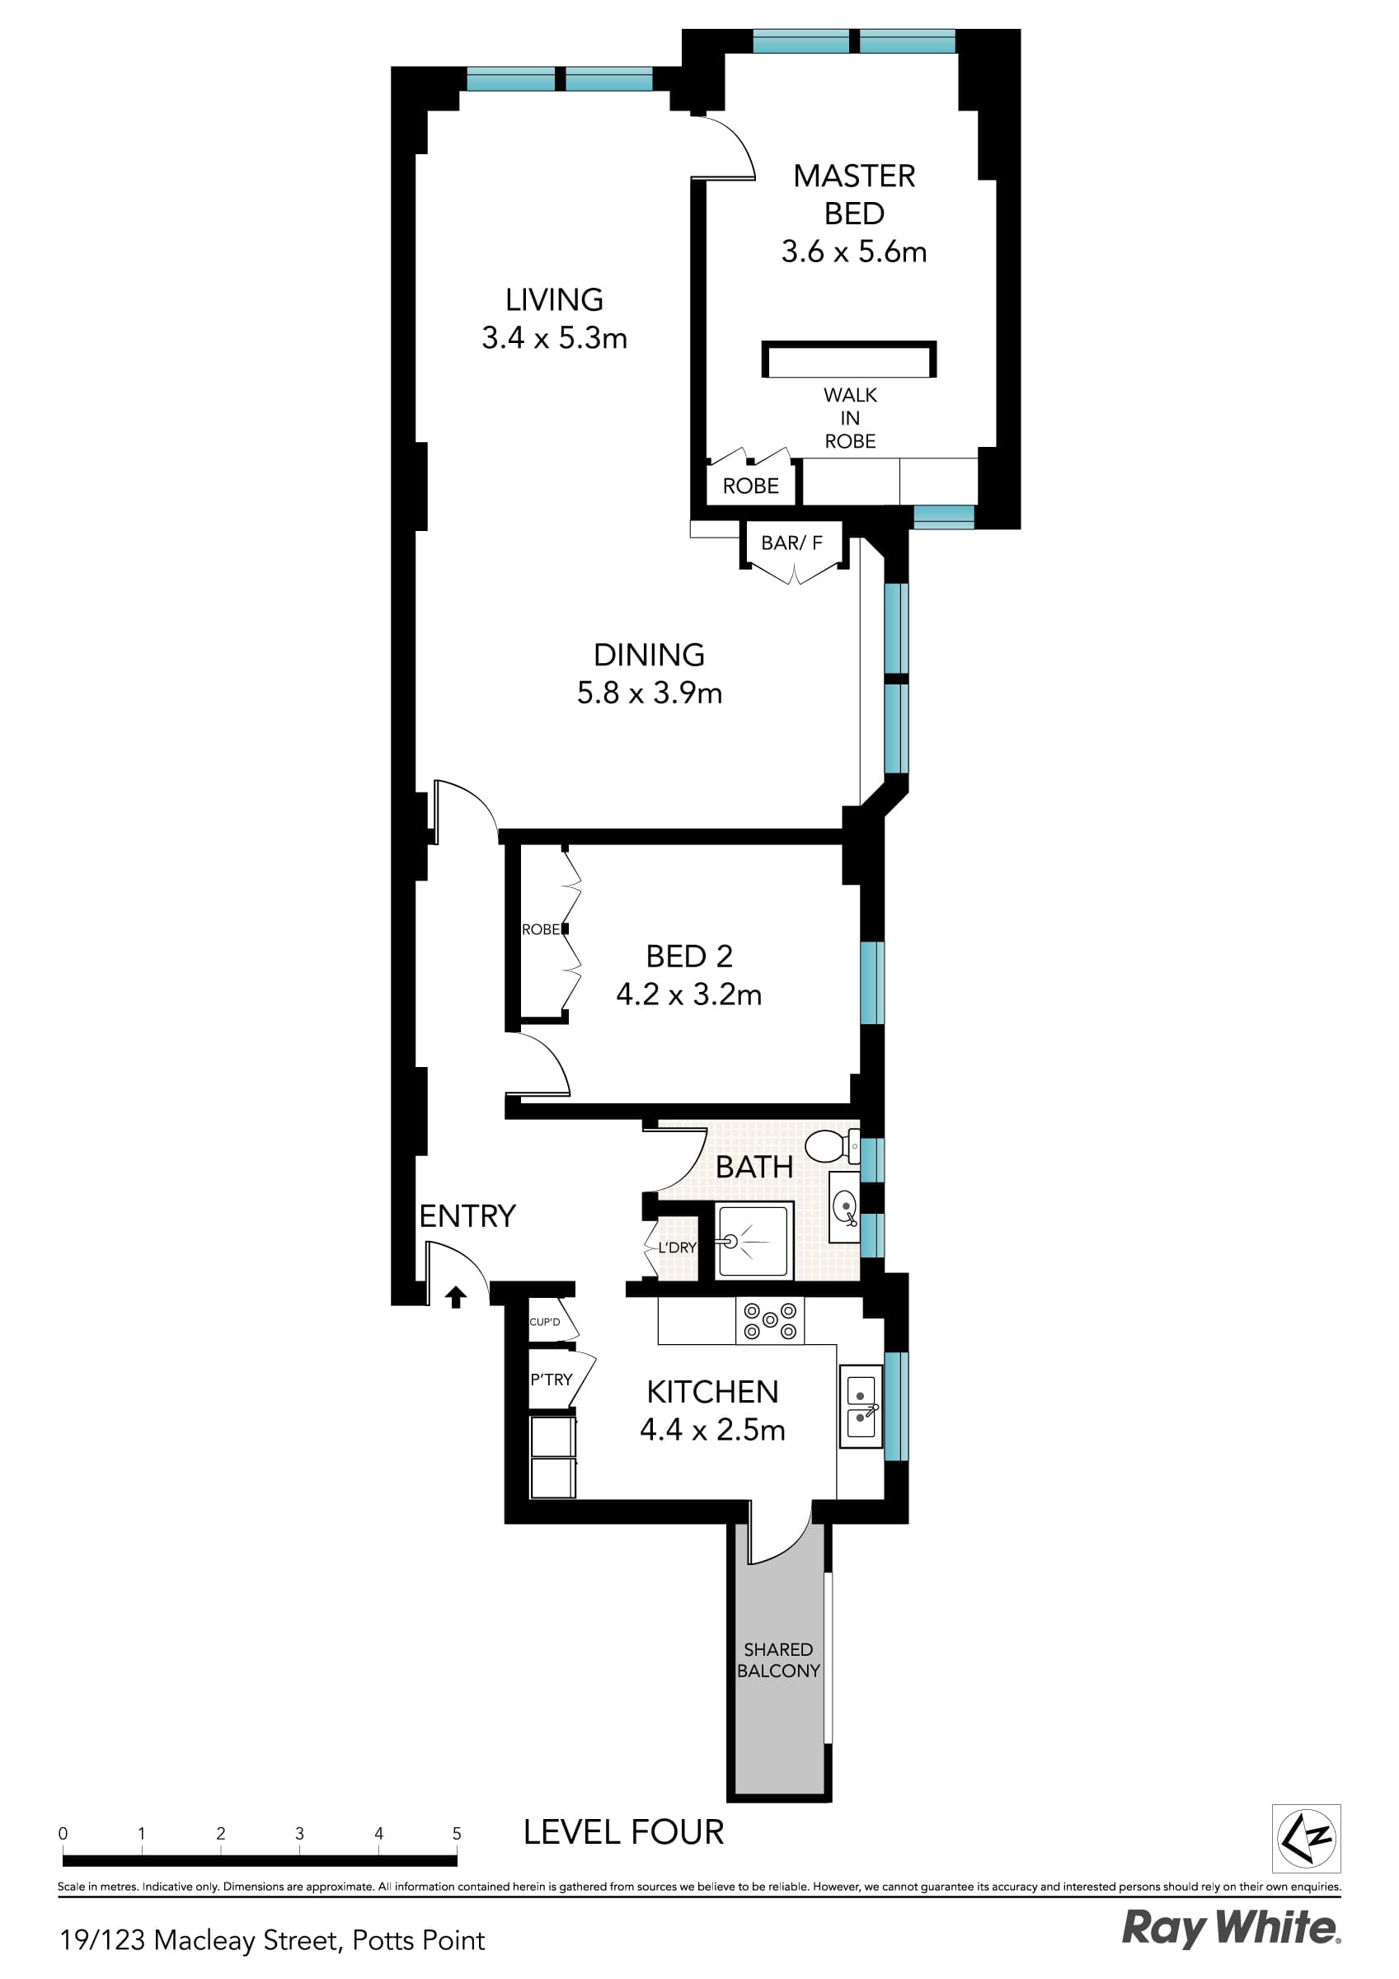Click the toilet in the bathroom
click(830, 1146)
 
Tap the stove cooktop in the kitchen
click(769, 1321)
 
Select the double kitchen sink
click(861, 1407)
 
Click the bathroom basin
click(845, 1206)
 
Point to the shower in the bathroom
click(753, 1240)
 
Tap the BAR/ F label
click(791, 543)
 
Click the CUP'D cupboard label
click(545, 1322)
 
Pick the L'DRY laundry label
click(677, 1248)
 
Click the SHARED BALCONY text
click(778, 1660)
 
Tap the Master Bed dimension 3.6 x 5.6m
click(853, 251)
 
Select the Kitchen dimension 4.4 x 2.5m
click(712, 1430)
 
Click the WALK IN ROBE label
click(850, 418)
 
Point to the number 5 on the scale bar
click(457, 1834)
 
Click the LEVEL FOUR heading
click(623, 1832)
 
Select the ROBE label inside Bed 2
click(541, 929)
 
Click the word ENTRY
click(467, 1216)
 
